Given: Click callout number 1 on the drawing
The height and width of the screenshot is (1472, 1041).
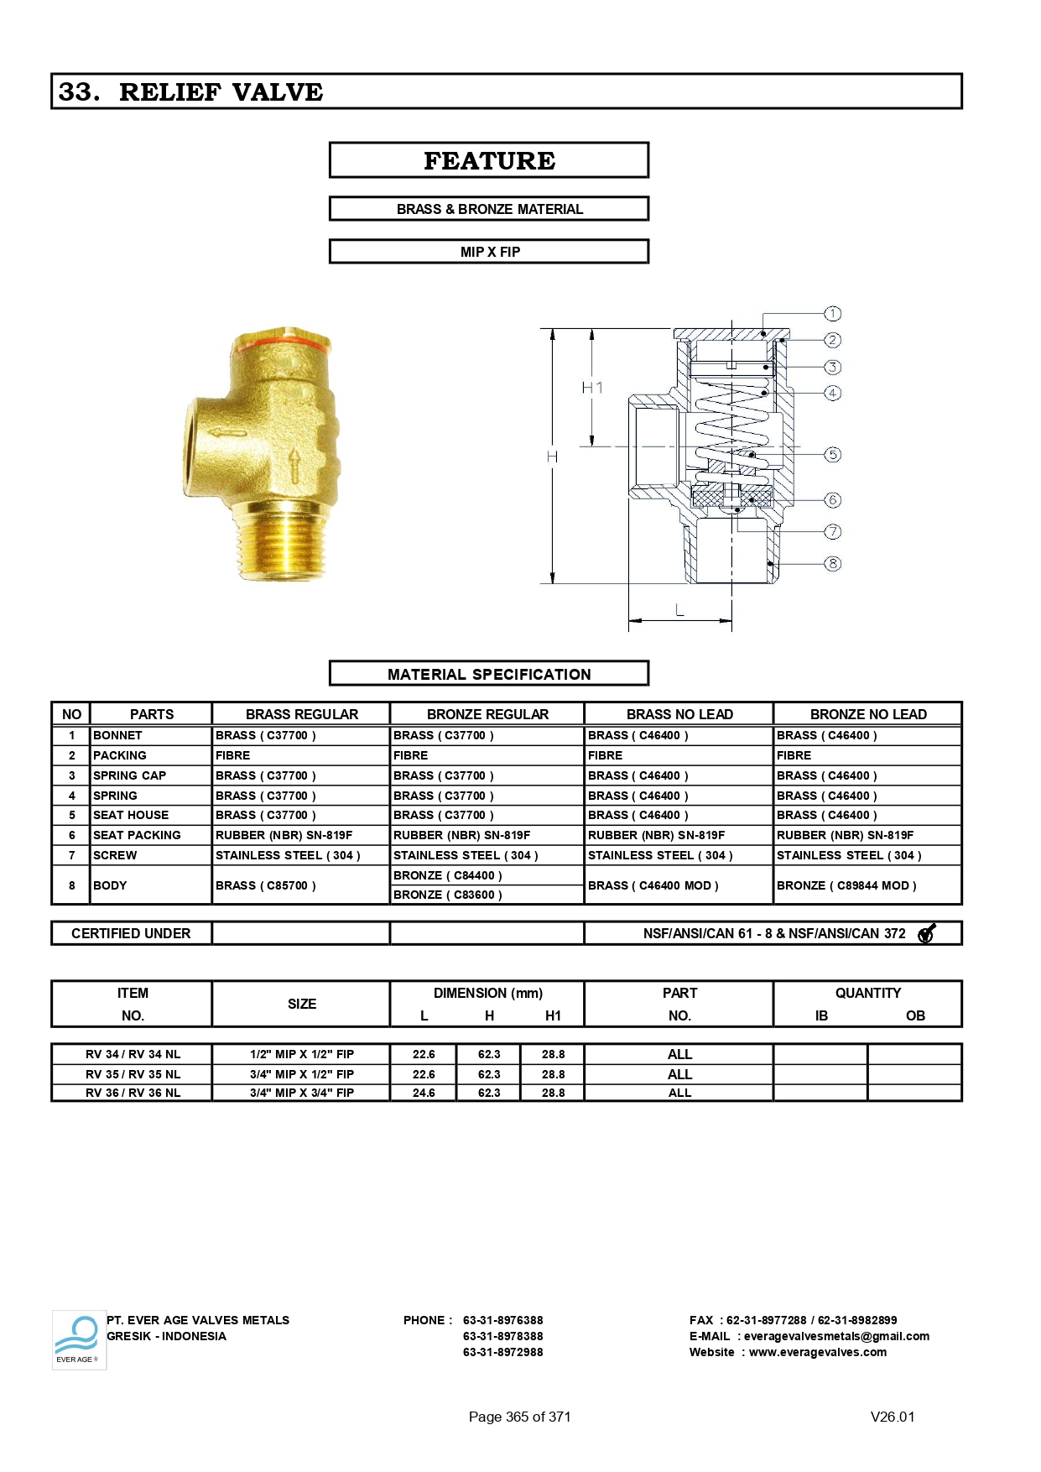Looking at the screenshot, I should click(x=832, y=314).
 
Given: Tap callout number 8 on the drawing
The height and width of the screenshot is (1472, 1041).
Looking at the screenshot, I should click(x=832, y=564).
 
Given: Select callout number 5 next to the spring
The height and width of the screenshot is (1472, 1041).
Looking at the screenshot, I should click(x=832, y=455).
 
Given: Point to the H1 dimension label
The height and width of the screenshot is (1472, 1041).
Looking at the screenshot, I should click(x=592, y=388).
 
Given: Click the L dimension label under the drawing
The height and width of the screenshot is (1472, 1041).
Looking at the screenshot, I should click(x=679, y=611).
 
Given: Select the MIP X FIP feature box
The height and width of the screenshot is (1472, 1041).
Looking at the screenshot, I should click(x=489, y=252).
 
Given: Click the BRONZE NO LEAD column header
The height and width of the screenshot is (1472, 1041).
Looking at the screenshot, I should click(x=867, y=714).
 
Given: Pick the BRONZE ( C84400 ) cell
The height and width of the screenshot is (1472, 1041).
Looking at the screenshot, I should click(x=448, y=875).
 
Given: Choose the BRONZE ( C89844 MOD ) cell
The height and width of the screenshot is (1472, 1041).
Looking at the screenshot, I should click(x=846, y=885).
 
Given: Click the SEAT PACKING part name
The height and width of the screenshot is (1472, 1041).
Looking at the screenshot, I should click(x=137, y=835).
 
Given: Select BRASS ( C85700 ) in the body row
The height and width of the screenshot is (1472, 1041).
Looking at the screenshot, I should click(x=266, y=885).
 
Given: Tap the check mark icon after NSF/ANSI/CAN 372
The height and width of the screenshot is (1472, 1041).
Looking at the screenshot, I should click(x=926, y=933).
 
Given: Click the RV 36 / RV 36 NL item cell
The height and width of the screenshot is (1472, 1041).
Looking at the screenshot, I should click(x=133, y=1093).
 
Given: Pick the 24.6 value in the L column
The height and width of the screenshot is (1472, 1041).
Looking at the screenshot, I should click(x=424, y=1093).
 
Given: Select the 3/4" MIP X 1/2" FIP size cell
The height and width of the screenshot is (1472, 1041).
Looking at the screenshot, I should click(x=302, y=1074).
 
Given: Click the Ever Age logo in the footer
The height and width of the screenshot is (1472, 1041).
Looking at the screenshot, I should click(x=79, y=1339).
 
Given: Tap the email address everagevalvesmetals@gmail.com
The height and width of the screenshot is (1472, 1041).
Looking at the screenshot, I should click(x=836, y=1336).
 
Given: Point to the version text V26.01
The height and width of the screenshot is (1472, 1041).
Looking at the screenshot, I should click(x=893, y=1417).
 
